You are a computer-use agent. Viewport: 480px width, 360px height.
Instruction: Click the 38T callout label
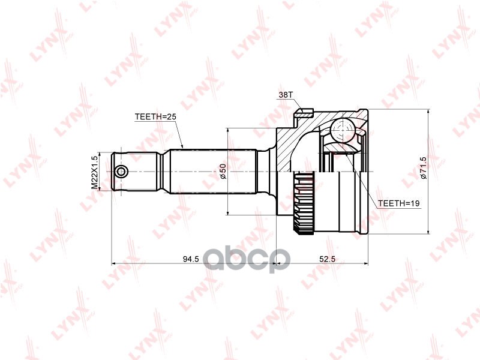click(286, 95)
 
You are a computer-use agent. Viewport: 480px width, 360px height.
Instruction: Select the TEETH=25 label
click(155, 116)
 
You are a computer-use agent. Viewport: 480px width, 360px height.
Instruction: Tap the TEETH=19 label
click(398, 203)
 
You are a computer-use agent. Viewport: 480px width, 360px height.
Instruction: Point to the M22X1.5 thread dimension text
click(95, 172)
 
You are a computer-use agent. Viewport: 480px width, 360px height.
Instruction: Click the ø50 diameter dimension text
click(223, 171)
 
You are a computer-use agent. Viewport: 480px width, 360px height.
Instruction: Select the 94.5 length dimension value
click(191, 259)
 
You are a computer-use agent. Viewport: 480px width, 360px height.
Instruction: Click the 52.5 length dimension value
click(328, 259)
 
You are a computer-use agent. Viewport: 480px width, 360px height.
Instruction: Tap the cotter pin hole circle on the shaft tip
click(122, 172)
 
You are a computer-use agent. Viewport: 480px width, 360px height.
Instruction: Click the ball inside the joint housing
click(343, 130)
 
